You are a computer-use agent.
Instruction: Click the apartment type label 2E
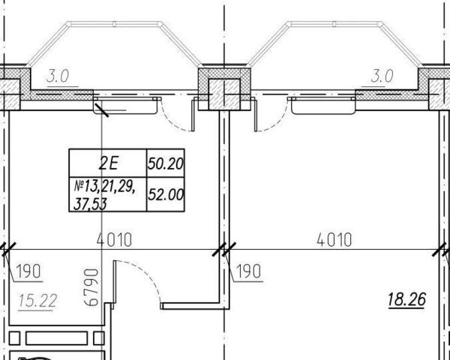tap(108, 163)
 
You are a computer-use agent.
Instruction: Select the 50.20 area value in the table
tap(166, 163)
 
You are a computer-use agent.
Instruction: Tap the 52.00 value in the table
tap(166, 195)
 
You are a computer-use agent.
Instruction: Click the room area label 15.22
tap(37, 301)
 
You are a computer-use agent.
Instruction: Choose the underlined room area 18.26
tap(406, 299)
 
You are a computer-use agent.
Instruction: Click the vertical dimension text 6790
tap(91, 287)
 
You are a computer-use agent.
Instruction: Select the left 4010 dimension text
tap(114, 240)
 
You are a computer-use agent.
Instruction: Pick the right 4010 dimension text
tap(334, 240)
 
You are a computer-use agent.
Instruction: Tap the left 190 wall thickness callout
tap(28, 271)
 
